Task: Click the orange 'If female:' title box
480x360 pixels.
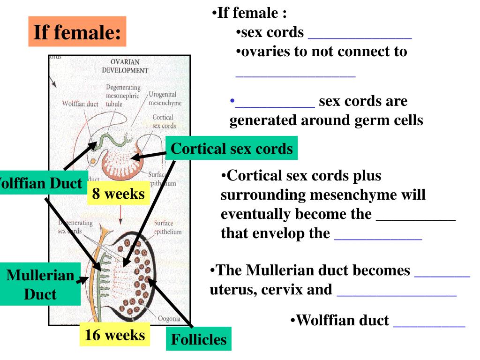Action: tap(77, 32)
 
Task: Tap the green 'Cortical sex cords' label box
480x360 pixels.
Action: tap(232, 149)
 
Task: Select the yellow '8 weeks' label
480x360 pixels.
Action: tap(118, 194)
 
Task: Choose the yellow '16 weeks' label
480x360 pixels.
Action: tap(114, 335)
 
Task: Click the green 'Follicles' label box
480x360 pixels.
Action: tap(198, 339)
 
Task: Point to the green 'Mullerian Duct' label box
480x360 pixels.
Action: tap(40, 285)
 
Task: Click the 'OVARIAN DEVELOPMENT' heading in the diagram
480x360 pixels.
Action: tap(125, 66)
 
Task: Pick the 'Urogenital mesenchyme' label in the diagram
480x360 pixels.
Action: tap(165, 99)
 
